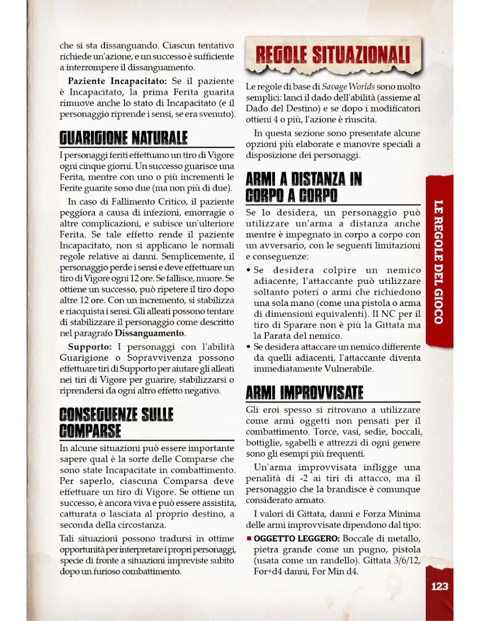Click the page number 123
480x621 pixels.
point(439,586)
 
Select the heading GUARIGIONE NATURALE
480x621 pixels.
point(124,138)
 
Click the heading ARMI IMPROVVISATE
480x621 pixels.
point(305,392)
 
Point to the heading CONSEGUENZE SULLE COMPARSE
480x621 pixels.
point(117,422)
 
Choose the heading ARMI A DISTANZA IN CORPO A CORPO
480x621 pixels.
point(304,187)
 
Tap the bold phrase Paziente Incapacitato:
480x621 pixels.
point(117,81)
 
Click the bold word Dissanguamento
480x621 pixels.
point(150,333)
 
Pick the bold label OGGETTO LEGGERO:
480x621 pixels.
point(296,538)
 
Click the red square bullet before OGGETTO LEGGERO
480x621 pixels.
point(249,538)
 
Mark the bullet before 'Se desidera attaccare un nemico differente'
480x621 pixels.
point(249,347)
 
